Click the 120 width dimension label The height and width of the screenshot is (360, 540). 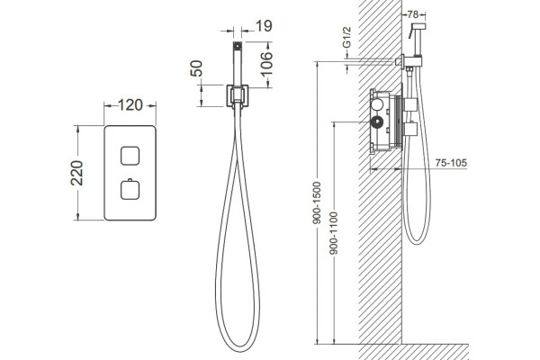130,105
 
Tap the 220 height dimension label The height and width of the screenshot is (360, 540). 77,174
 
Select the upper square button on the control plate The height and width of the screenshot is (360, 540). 130,156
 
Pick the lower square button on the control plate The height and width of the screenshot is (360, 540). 130,191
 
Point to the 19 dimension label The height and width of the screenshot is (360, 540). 264,26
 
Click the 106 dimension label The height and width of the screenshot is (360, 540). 265,63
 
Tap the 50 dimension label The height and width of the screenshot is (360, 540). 196,68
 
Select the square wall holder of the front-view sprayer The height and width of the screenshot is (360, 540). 238,95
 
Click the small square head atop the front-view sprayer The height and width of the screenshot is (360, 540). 238,46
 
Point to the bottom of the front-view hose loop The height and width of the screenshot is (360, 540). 238,350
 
